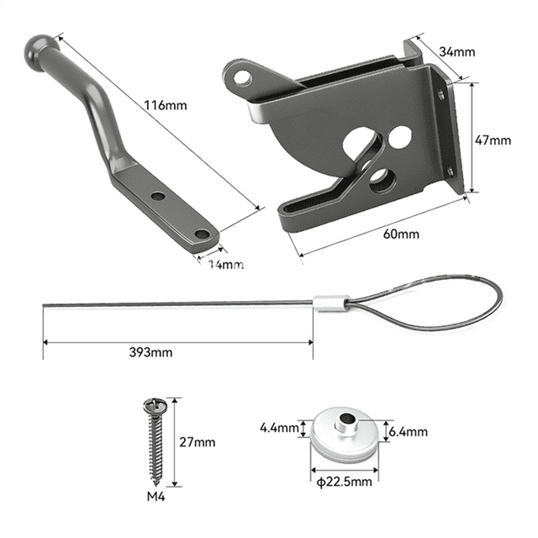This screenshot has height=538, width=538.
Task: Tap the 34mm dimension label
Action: [x=457, y=52]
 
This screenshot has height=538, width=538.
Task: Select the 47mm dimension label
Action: [x=493, y=140]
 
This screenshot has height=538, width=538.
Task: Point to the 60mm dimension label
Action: [x=401, y=234]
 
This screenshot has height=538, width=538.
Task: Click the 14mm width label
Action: [x=226, y=264]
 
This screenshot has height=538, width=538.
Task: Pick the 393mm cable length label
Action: [x=152, y=353]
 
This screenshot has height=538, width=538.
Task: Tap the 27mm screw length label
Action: [x=198, y=442]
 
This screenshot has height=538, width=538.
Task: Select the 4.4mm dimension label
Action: [x=278, y=428]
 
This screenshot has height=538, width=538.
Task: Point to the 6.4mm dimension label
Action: [x=409, y=431]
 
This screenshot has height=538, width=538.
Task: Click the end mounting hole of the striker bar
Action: [x=202, y=234]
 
